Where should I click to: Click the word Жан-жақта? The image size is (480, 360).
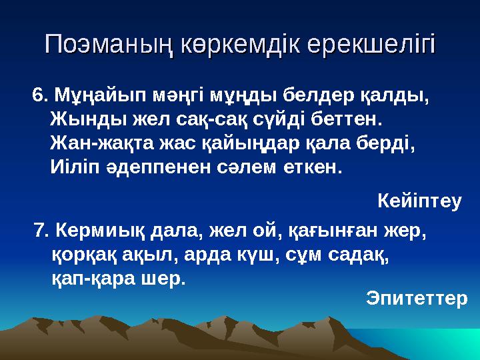93,143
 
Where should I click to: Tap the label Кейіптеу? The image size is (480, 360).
419,199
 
